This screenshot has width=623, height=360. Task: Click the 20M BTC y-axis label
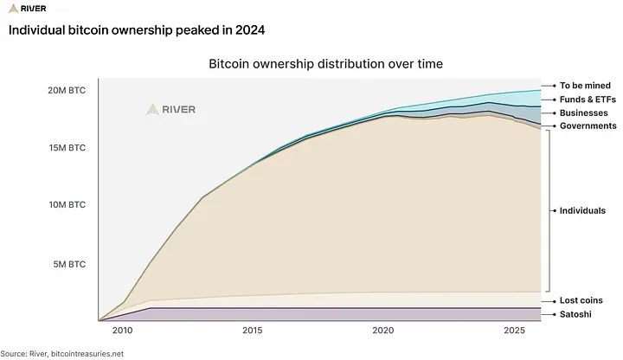[67, 91]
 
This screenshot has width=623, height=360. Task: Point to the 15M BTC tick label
[67, 148]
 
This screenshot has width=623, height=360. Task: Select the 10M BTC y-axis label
[67, 205]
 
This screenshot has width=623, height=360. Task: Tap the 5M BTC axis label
[69, 264]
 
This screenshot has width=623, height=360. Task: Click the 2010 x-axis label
[122, 331]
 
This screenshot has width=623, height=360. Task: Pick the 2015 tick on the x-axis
[253, 331]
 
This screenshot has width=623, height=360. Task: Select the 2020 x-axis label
[383, 331]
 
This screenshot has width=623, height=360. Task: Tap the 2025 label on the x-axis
[514, 331]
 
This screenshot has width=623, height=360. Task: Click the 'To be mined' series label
[585, 86]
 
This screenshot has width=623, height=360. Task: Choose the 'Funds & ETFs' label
[588, 100]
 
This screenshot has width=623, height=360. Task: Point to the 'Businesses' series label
[584, 112]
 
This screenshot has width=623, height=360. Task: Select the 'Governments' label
[588, 126]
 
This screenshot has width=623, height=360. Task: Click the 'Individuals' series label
[582, 210]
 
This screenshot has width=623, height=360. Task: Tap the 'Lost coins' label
[581, 300]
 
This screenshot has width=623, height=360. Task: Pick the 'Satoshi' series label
[575, 314]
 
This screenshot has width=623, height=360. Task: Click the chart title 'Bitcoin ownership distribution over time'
[326, 64]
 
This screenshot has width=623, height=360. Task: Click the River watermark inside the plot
[170, 110]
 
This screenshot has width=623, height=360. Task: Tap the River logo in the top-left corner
[28, 9]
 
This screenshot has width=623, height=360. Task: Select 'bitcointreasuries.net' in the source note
[87, 354]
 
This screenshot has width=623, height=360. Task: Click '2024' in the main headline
[250, 30]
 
